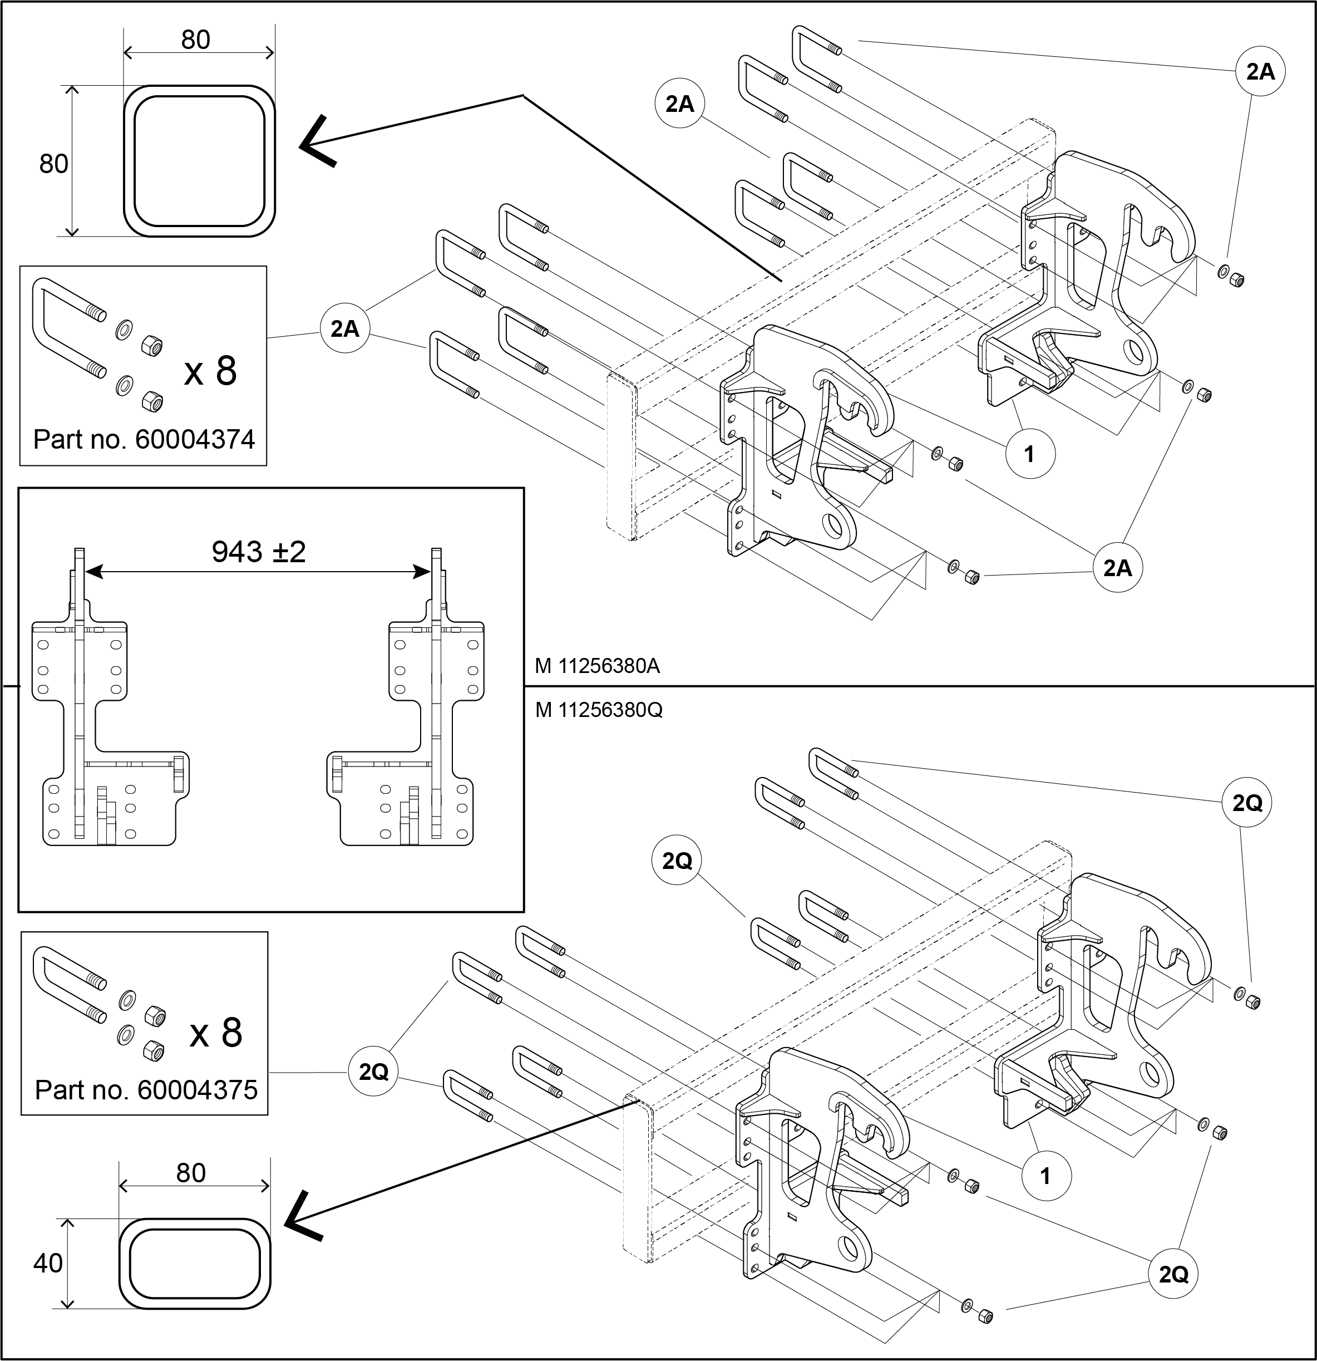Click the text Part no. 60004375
point(146,1089)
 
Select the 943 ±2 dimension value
point(258,552)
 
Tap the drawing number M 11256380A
point(597,666)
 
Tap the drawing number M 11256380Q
point(599,710)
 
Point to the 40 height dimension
point(48,1263)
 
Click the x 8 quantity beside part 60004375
point(216,1033)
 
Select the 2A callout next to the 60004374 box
point(345,328)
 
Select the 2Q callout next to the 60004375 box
point(373,1072)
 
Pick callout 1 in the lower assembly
point(1046,1176)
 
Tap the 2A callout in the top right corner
point(1260,71)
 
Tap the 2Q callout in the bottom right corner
point(1173,1274)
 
